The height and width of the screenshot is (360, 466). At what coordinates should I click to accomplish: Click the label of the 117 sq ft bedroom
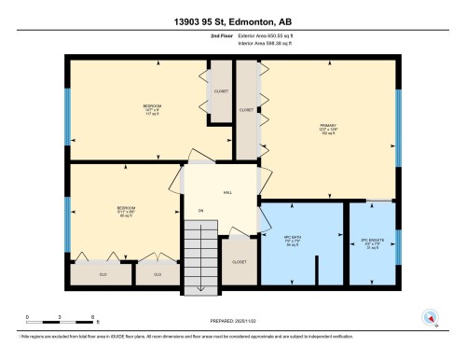pos(150,108)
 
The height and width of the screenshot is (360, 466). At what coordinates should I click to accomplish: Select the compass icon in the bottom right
pos(431,316)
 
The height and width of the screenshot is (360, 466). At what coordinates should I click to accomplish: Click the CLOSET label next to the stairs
pos(238,262)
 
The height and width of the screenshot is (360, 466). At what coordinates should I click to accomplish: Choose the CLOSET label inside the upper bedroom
pos(221,91)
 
